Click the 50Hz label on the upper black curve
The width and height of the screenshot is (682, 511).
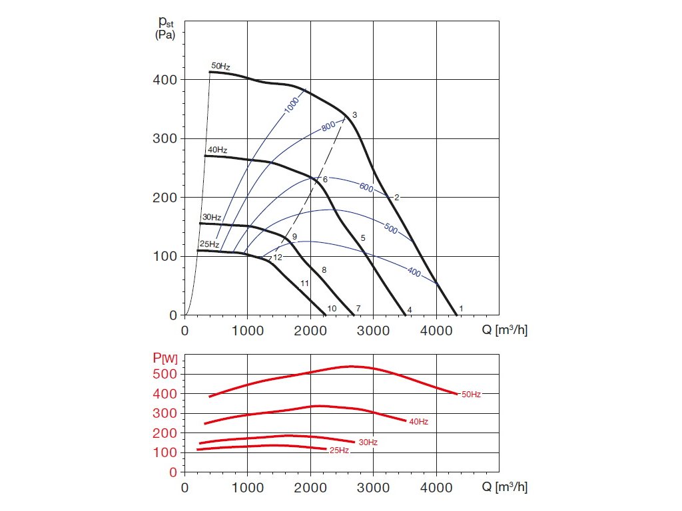[220, 66]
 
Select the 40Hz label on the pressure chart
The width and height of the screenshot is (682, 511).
[217, 150]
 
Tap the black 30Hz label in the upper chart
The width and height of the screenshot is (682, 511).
[212, 218]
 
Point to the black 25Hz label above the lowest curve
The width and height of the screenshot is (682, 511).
[209, 244]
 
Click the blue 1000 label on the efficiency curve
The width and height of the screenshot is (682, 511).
[292, 104]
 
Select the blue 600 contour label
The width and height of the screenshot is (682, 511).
[366, 187]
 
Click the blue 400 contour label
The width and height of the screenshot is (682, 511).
[414, 271]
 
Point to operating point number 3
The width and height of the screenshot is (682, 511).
[355, 115]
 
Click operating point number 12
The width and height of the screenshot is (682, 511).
[278, 257]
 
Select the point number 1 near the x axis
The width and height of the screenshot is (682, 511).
[461, 309]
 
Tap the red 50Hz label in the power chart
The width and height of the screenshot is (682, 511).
[470, 395]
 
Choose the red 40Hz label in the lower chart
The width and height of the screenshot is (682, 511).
[418, 422]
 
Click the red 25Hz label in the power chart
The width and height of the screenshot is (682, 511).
[339, 450]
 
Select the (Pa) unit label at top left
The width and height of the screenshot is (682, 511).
[165, 35]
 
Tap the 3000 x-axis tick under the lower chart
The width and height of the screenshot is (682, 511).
[373, 487]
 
